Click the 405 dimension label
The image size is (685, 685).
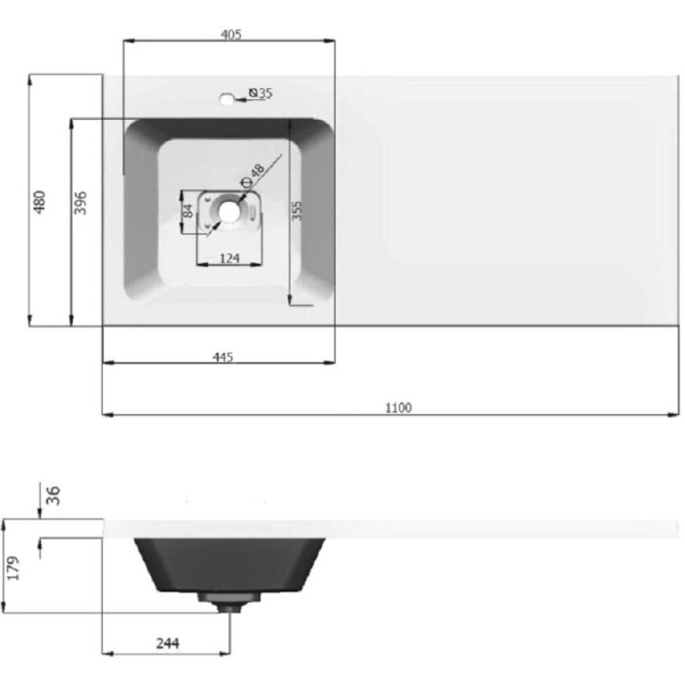(x=231, y=34)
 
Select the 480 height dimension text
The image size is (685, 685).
(x=39, y=202)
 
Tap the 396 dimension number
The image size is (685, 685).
(x=80, y=203)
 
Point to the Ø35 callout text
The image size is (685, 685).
(x=260, y=92)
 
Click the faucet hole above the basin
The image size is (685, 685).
(x=227, y=99)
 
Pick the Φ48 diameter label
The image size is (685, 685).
(x=253, y=176)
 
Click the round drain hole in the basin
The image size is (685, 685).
(x=229, y=211)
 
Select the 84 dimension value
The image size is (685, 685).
(x=188, y=211)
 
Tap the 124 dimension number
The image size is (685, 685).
(x=229, y=259)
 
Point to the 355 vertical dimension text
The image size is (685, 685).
(x=296, y=211)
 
